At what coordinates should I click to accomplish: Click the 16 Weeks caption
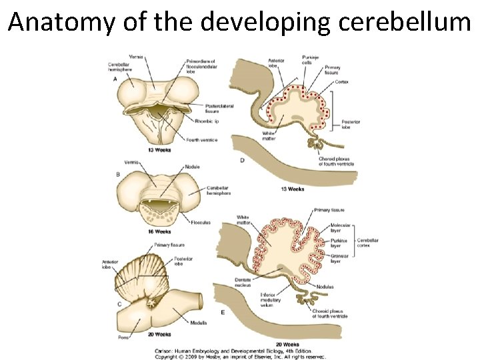pyautogui.click(x=160, y=231)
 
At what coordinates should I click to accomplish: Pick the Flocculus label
pyautogui.click(x=201, y=223)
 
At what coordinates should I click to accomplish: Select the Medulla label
pyautogui.click(x=198, y=323)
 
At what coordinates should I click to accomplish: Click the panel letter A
pyautogui.click(x=117, y=77)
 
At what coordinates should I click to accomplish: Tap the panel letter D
pyautogui.click(x=241, y=161)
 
